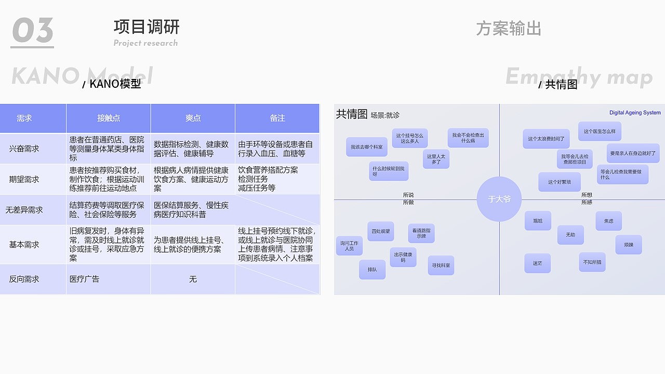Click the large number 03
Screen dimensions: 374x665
tap(32, 31)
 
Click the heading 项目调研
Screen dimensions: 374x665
tap(147, 26)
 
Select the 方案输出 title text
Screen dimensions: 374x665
tap(508, 29)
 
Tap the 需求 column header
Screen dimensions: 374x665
tap(24, 118)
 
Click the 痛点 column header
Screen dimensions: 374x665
tap(193, 118)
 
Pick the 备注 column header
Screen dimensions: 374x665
tap(277, 118)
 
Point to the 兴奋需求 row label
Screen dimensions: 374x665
tap(24, 149)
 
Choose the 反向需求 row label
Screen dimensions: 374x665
tap(24, 279)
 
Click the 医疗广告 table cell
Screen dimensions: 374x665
tap(84, 279)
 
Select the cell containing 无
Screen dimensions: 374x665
tap(193, 279)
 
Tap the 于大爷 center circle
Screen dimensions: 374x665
tap(499, 199)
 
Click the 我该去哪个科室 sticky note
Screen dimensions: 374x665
tap(366, 147)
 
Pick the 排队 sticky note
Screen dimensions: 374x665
tap(372, 270)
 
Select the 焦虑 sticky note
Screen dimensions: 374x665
tap(608, 221)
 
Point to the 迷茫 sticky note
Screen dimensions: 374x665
tap(537, 263)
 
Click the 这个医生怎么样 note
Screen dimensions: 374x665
tap(600, 131)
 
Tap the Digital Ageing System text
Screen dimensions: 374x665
tap(635, 113)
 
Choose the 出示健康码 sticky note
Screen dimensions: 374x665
tap(403, 257)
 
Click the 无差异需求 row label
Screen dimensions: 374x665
tap(24, 210)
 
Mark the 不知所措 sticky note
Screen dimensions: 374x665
tap(592, 262)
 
